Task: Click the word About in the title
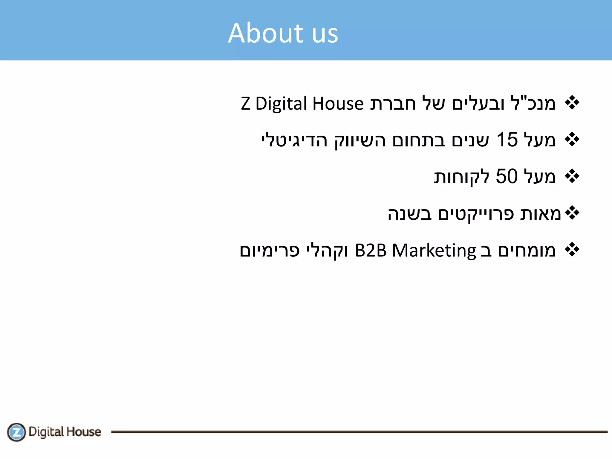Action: coord(266,33)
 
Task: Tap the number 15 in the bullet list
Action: coord(507,140)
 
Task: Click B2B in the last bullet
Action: coord(371,250)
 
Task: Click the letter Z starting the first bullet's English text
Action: coord(245,104)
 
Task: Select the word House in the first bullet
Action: coord(338,104)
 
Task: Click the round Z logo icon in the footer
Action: coord(16,432)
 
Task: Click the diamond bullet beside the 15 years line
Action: coord(572,140)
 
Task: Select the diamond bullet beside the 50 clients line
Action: coord(572,176)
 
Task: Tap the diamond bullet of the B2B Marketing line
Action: coord(572,250)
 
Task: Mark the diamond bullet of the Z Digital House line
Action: coord(572,103)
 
